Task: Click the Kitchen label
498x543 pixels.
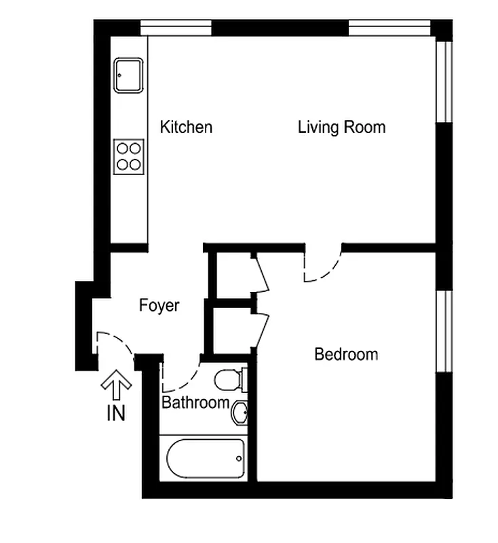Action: click(186, 127)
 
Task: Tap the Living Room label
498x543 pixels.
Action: click(341, 127)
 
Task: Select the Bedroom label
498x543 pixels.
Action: click(346, 354)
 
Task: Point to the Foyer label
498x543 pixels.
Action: click(159, 305)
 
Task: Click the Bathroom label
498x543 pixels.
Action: click(195, 402)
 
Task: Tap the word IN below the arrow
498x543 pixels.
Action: click(116, 413)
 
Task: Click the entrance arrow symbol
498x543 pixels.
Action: click(116, 386)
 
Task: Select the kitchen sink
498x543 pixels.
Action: click(128, 75)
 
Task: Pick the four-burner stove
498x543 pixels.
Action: click(128, 155)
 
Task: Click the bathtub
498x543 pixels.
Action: click(205, 458)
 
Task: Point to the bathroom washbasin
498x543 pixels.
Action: click(240, 412)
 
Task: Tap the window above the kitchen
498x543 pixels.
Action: click(176, 29)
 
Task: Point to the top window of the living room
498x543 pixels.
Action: click(389, 29)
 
